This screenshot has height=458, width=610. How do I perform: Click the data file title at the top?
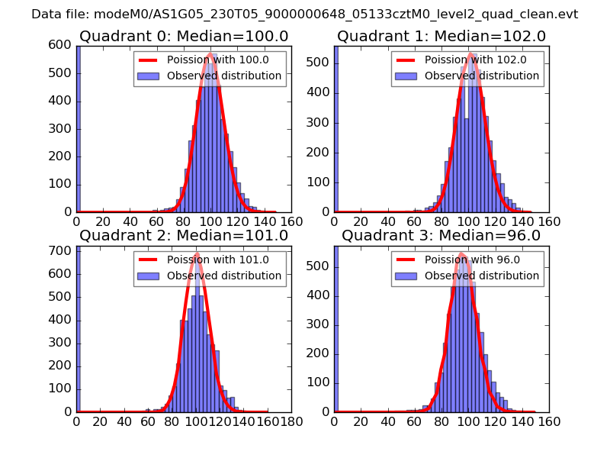tap(304, 15)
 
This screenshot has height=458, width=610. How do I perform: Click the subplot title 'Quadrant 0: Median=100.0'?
tap(184, 36)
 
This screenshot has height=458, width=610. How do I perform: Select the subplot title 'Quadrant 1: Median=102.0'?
tap(441, 36)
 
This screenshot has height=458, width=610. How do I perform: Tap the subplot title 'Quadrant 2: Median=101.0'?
tap(184, 235)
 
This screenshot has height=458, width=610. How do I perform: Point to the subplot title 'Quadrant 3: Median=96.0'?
tap(441, 235)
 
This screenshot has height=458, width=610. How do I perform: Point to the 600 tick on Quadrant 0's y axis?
tap(63, 46)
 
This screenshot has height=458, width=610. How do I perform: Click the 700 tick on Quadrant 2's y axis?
tap(63, 250)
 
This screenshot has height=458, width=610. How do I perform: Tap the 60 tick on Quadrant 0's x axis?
tap(157, 221)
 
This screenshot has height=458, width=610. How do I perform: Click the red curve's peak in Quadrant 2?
tap(197, 253)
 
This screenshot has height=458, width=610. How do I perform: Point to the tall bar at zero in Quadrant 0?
tap(79, 130)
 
